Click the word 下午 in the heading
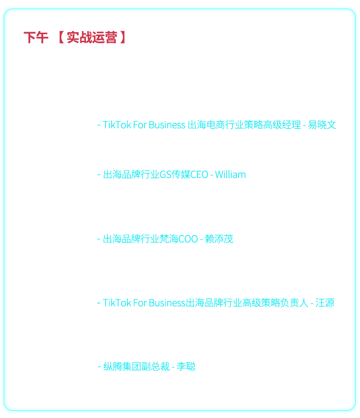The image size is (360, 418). pyautogui.click(x=36, y=37)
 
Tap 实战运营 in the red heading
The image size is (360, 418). pyautogui.click(x=92, y=37)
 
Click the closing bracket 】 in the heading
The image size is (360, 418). pyautogui.click(x=123, y=37)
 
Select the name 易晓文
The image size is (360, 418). pyautogui.click(x=322, y=125)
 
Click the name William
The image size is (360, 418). pyautogui.click(x=230, y=175)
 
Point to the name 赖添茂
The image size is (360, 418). pyautogui.click(x=219, y=239)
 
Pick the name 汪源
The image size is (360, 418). pyautogui.click(x=325, y=303)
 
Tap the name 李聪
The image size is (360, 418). pyautogui.click(x=186, y=367)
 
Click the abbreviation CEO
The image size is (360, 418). pyautogui.click(x=199, y=175)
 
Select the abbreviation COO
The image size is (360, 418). pyautogui.click(x=188, y=239)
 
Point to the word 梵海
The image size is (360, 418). pyautogui.click(x=168, y=239)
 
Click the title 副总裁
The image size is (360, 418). pyautogui.click(x=156, y=367)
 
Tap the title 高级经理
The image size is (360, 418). pyautogui.click(x=282, y=125)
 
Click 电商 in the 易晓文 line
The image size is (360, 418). pyautogui.click(x=216, y=125)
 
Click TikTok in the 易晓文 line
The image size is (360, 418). pyautogui.click(x=117, y=125)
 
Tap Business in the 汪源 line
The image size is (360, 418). pyautogui.click(x=167, y=303)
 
